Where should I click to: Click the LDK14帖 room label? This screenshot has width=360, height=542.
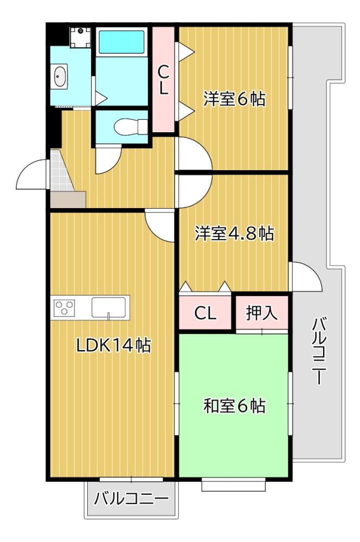click(x=113, y=346)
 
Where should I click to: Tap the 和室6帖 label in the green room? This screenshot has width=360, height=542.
click(x=234, y=405)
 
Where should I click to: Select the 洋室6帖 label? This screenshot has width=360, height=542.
click(x=234, y=99)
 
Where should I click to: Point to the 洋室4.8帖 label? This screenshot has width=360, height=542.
click(x=234, y=234)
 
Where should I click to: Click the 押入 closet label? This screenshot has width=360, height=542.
click(x=262, y=313)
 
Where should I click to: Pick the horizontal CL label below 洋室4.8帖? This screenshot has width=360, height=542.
click(x=205, y=313)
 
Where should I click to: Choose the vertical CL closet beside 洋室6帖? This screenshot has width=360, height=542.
click(x=163, y=80)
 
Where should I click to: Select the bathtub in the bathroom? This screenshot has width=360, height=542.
click(x=123, y=41)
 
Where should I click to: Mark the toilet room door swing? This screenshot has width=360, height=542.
click(x=107, y=159)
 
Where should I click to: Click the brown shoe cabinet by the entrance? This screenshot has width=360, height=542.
click(x=68, y=199)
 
